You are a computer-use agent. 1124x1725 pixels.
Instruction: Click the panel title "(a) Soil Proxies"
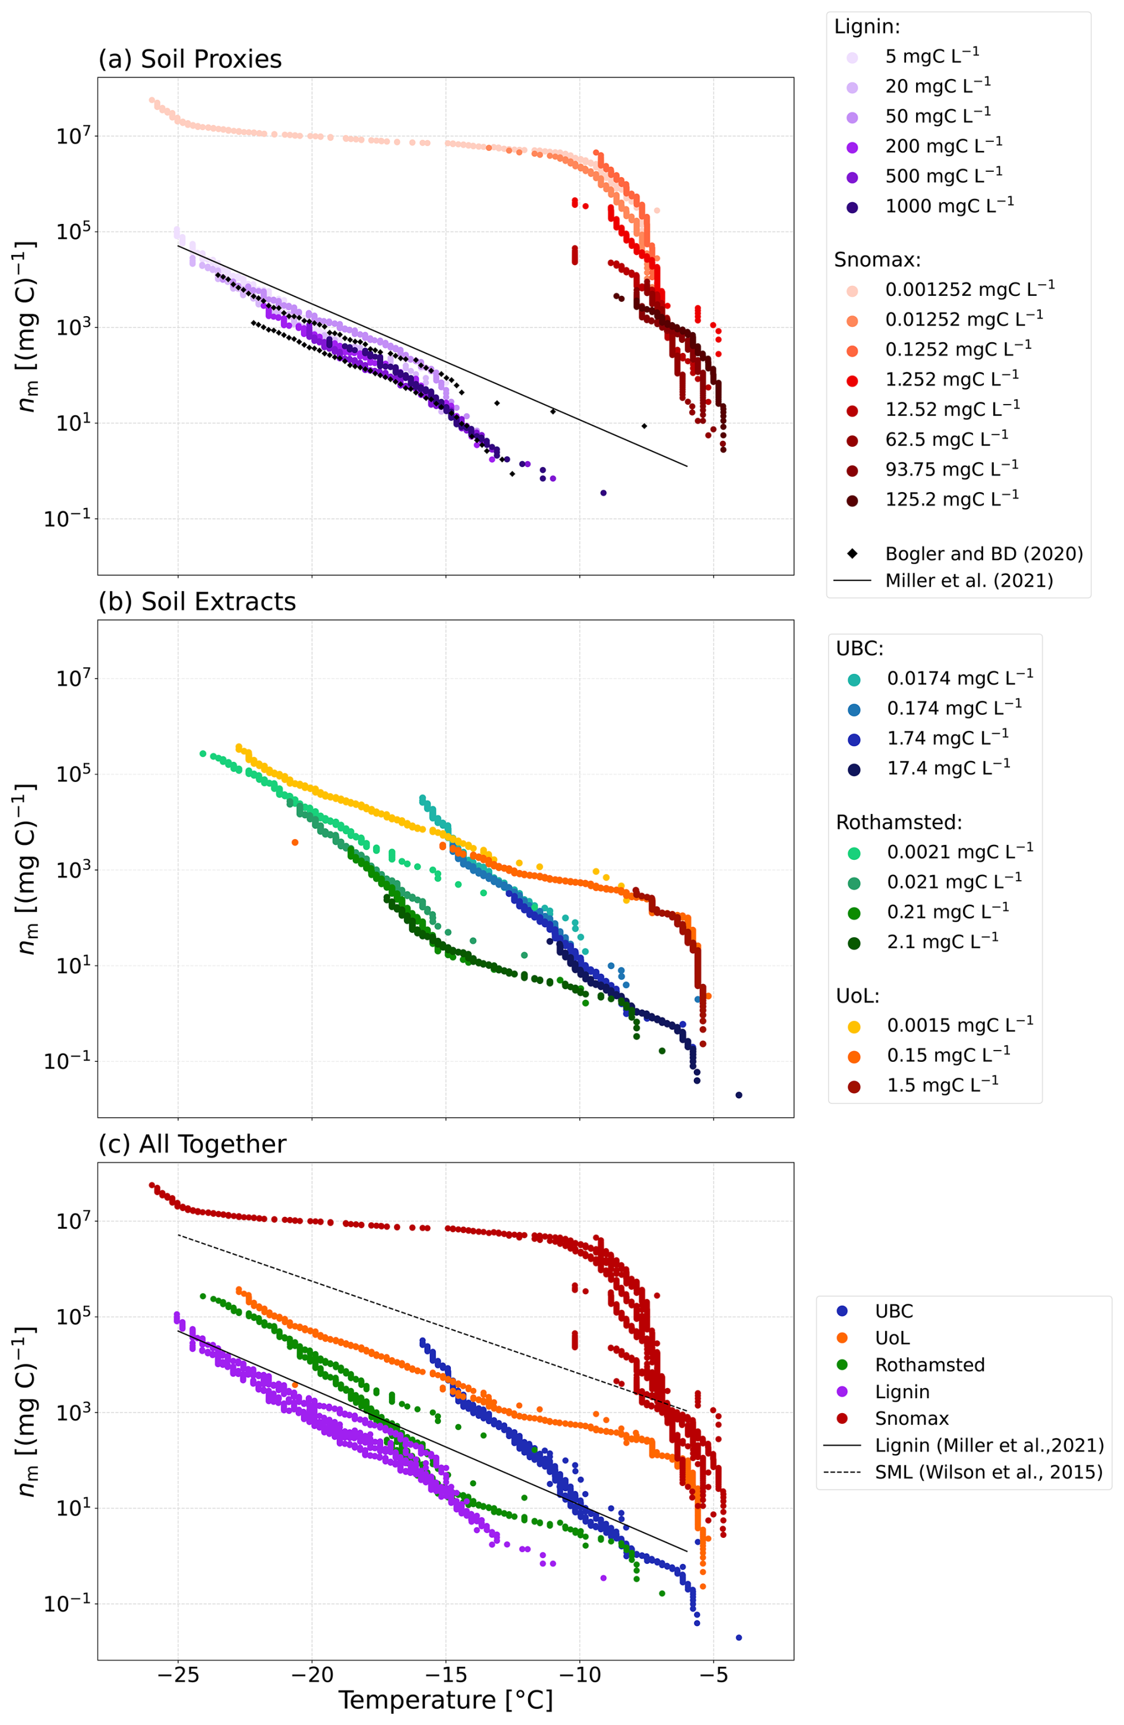coord(190,59)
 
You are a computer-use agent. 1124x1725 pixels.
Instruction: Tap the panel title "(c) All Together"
coord(192,1144)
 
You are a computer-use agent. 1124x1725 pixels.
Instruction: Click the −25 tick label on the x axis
coord(178,1675)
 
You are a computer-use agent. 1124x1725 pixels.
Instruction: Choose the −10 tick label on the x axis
coord(579,1675)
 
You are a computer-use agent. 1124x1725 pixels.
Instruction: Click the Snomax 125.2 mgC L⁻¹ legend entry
coord(951,499)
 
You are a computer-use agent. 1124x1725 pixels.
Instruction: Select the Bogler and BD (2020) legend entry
coord(983,554)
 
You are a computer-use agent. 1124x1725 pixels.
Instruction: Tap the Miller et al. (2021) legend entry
coord(969,581)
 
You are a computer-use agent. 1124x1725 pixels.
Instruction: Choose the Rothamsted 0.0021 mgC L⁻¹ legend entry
coord(959,852)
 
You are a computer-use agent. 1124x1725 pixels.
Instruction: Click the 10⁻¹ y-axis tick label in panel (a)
coord(68,519)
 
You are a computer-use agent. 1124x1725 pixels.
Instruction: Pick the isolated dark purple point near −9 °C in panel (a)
coord(603,493)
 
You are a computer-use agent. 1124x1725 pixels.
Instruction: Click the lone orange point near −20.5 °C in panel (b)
coord(295,842)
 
